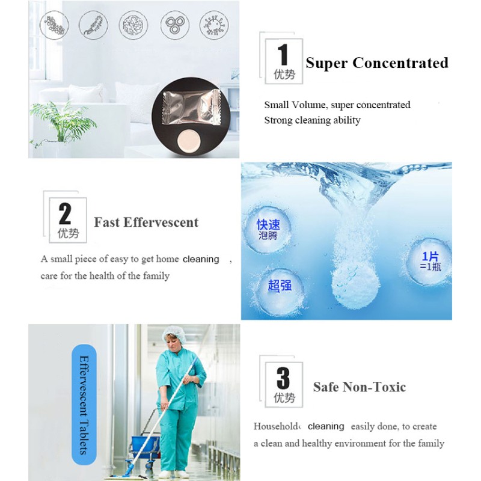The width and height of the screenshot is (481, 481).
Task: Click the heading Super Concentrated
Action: (376, 63)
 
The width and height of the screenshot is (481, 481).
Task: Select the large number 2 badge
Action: (65, 219)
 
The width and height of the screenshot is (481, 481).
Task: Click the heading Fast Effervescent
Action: (146, 222)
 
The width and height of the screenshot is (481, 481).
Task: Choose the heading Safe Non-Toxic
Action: (359, 387)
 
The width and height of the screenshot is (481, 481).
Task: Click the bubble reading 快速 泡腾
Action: (269, 229)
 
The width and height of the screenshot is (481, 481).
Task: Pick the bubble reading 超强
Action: (280, 285)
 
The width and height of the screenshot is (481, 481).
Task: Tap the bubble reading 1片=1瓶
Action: (430, 261)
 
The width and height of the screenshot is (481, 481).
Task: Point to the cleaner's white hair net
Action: (174, 331)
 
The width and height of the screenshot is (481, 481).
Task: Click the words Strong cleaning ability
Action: (312, 120)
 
